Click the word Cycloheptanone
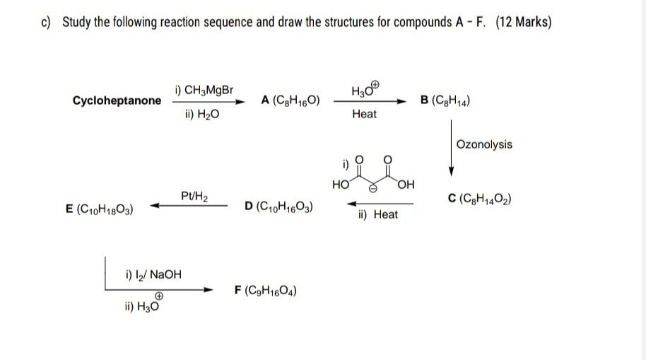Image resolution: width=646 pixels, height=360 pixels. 117,100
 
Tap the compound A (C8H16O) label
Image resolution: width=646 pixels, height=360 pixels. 290,100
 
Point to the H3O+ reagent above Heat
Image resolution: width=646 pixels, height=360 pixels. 365,90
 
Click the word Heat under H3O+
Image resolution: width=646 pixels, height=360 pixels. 364,114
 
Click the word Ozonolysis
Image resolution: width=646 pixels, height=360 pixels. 484,144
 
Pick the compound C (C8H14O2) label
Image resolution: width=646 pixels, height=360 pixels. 480,199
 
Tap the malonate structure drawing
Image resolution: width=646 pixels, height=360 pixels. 374,174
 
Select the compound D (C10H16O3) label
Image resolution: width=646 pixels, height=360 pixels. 279,207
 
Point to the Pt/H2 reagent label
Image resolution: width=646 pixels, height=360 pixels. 194,194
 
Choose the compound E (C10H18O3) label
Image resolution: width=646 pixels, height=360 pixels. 100,209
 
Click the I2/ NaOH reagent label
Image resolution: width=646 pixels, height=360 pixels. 153,274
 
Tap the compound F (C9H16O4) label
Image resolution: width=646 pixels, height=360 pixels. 266,290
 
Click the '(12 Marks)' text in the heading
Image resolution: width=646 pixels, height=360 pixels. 523,22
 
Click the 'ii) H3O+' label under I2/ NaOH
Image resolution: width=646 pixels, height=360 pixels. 141,306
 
